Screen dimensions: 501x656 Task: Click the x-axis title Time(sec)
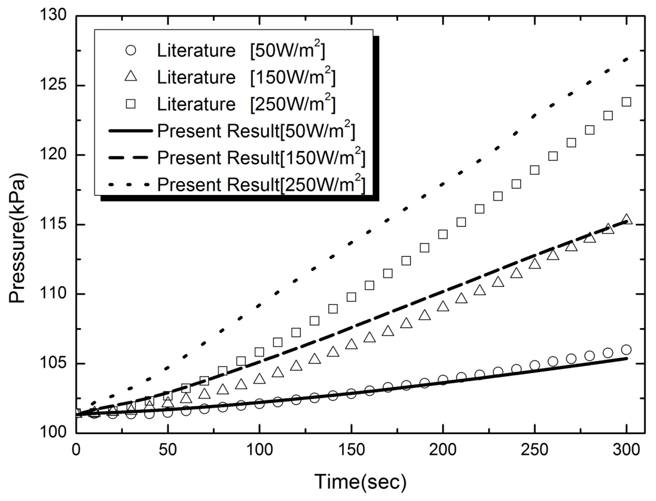pos(360,482)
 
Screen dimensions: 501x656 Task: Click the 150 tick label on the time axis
pos(351,450)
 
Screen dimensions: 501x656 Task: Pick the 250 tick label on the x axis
pos(534,450)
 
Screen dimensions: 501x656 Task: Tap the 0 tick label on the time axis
pos(76,450)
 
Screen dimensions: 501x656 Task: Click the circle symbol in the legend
pos(131,50)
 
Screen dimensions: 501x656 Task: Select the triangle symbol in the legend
pos(131,77)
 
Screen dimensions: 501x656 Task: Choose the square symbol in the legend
pos(131,104)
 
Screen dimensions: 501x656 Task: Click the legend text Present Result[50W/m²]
pos(256,131)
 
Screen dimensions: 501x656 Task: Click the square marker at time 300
pos(626,102)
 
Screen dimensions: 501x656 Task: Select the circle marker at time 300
pos(626,350)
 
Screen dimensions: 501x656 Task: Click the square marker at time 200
pos(443,234)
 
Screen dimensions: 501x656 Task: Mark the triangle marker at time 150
pos(351,344)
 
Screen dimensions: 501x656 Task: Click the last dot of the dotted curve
pos(626,60)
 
